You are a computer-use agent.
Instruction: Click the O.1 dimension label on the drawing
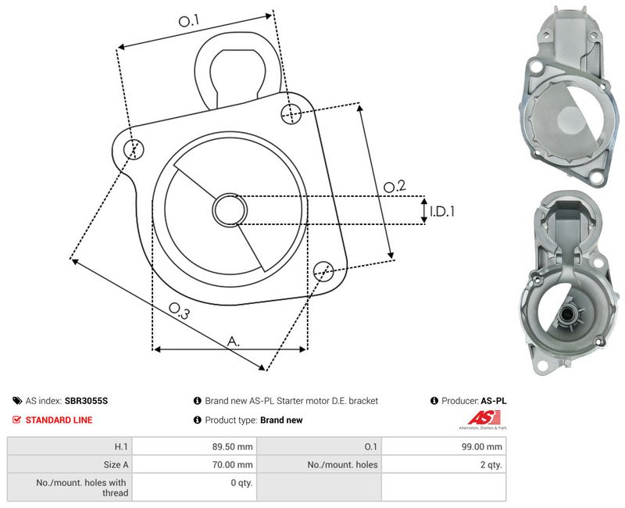click(x=188, y=21)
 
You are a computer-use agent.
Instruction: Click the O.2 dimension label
click(x=395, y=186)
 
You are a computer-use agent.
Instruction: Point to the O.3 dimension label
click(x=179, y=310)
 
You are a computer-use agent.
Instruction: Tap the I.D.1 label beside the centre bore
click(x=442, y=211)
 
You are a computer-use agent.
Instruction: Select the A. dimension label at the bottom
click(x=234, y=342)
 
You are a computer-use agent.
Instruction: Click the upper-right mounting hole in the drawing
click(x=291, y=113)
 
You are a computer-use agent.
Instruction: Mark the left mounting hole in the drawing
click(x=133, y=149)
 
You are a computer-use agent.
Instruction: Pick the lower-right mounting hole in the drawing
click(x=323, y=271)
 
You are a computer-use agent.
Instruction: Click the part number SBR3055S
click(x=86, y=401)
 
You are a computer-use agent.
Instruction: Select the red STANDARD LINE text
click(x=59, y=420)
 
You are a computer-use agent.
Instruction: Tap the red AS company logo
click(x=484, y=418)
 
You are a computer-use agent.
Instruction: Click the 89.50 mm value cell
click(x=194, y=446)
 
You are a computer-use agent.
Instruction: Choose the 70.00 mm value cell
click(x=194, y=464)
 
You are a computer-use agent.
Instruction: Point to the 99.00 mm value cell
click(x=444, y=446)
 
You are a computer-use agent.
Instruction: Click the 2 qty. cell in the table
click(x=444, y=464)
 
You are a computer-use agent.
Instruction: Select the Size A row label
click(x=116, y=464)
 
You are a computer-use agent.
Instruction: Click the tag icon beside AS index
click(x=17, y=401)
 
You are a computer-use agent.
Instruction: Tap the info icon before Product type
click(x=198, y=420)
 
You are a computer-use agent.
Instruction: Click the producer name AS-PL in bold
click(x=494, y=401)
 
